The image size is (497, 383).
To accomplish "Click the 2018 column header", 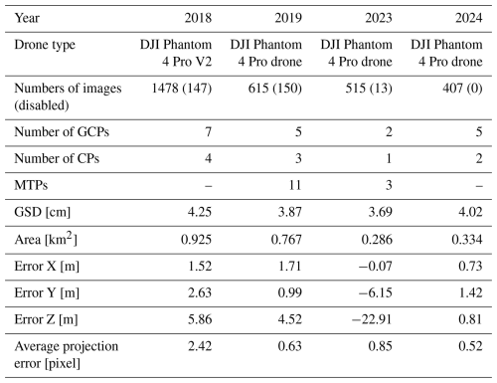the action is (x=198, y=18).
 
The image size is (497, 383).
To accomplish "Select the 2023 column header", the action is (x=379, y=18).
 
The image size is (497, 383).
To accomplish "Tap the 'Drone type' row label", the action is (x=45, y=46).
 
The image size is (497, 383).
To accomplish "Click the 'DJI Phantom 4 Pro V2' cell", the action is (x=176, y=53).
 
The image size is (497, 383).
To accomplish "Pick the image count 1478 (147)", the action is (x=182, y=89).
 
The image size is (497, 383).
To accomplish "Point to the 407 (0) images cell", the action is (x=462, y=89).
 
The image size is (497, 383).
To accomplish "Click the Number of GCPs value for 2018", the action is (x=208, y=132).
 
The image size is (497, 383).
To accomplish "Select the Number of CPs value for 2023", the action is (x=389, y=159).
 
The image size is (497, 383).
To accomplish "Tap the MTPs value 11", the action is (x=295, y=185).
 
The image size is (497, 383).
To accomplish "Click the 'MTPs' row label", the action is (x=31, y=185).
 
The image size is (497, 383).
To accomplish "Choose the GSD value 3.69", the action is (x=381, y=212).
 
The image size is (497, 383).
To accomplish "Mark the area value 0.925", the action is (x=196, y=240).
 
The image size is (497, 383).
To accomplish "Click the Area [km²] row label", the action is (x=46, y=239).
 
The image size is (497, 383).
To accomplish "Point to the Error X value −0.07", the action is (x=376, y=267).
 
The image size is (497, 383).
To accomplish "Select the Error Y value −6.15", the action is (x=376, y=293).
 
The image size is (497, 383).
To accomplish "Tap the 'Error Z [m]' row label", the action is (x=46, y=320).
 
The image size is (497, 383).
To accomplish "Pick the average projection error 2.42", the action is (x=200, y=346).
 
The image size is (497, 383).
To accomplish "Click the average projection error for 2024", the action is (x=470, y=346).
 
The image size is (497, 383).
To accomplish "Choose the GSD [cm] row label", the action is (x=43, y=213).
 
